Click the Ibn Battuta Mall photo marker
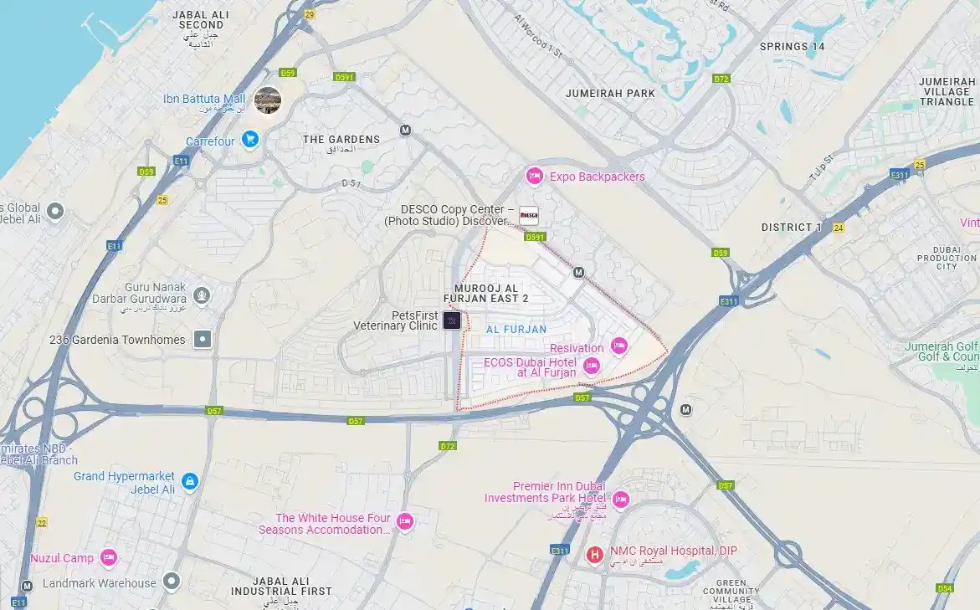click(x=268, y=100)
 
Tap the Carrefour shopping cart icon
click(x=249, y=140)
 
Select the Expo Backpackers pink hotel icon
click(x=534, y=176)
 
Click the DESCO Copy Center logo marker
click(x=528, y=216)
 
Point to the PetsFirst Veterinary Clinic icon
click(x=452, y=320)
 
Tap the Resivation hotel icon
click(x=618, y=346)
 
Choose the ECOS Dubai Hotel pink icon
click(x=591, y=365)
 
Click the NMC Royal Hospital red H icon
click(x=594, y=554)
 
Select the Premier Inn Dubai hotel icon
click(x=620, y=500)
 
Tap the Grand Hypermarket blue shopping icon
click(x=190, y=481)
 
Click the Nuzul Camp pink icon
click(x=108, y=557)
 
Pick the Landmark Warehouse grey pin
click(x=172, y=580)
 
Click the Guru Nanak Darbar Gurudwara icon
click(x=201, y=295)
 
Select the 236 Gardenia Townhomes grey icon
click(x=203, y=339)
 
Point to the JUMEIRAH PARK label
click(x=610, y=94)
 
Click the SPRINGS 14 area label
click(x=792, y=47)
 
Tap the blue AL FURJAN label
click(x=516, y=330)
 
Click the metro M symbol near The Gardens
click(x=406, y=131)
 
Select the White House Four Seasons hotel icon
click(x=405, y=521)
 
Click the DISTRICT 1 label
click(x=791, y=228)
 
